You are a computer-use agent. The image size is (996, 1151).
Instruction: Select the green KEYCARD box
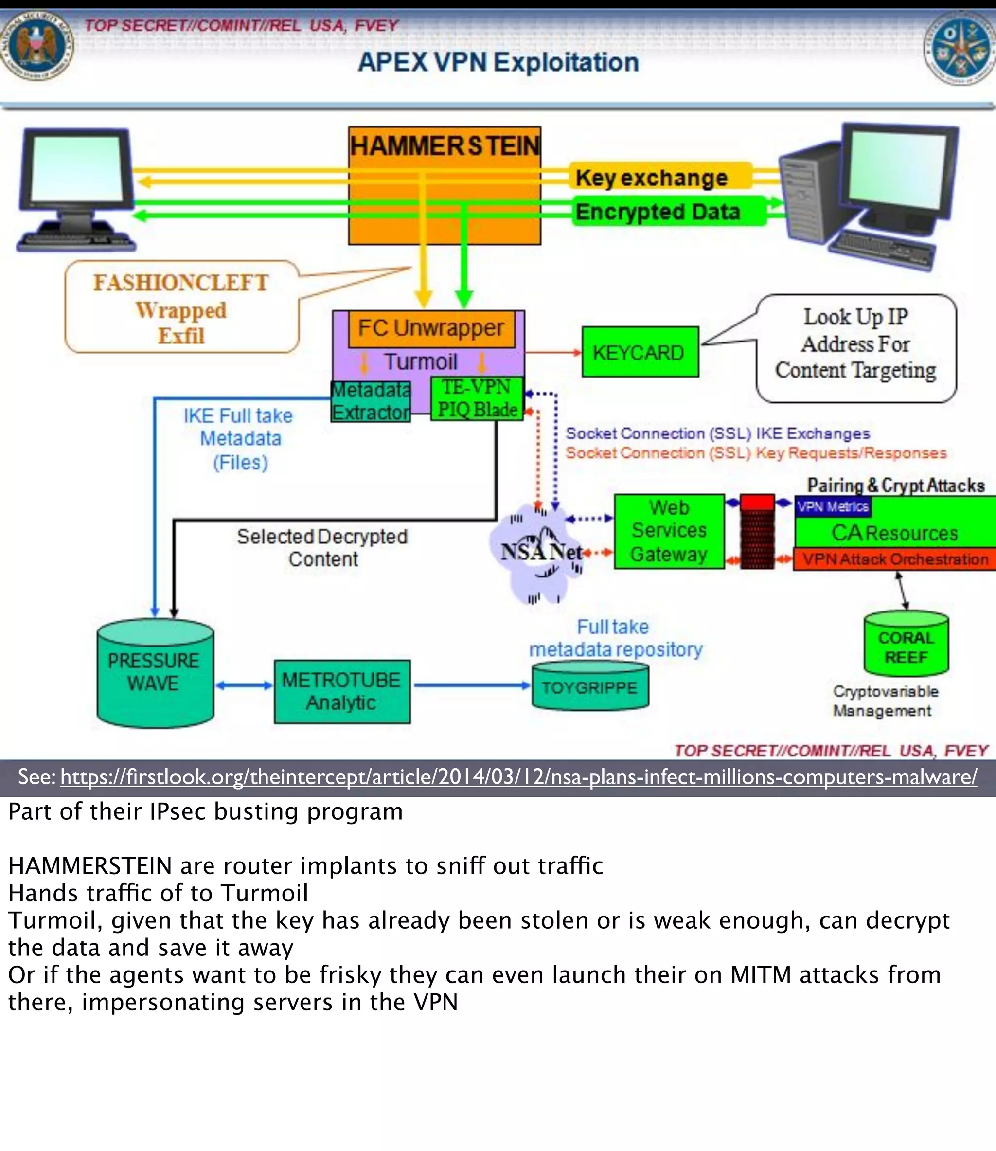pos(640,352)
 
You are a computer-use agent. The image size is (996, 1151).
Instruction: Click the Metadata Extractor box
pos(371,401)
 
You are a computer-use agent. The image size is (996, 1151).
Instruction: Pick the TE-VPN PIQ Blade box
pos(477,398)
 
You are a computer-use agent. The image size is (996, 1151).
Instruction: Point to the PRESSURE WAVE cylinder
pos(155,672)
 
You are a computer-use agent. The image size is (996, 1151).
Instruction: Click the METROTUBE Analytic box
pos(342,691)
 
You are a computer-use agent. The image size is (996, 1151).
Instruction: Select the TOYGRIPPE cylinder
pos(590,688)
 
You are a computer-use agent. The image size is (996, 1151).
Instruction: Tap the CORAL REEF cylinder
pos(906,647)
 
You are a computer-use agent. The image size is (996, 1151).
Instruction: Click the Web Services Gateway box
pos(669,531)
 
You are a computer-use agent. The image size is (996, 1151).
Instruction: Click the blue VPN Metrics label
pos(832,506)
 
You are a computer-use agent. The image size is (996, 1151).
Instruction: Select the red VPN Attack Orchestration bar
pos(895,559)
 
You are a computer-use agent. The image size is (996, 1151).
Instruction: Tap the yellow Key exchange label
pos(651,178)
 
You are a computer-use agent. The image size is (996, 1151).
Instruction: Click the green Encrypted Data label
pos(658,212)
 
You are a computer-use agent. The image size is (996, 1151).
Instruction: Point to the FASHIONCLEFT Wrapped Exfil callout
pos(181,308)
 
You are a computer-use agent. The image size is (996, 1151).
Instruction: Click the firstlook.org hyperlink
pos(518,776)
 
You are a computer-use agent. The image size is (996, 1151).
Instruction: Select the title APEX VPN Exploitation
pos(498,62)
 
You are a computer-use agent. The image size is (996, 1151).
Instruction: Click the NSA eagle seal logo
pos(36,46)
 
